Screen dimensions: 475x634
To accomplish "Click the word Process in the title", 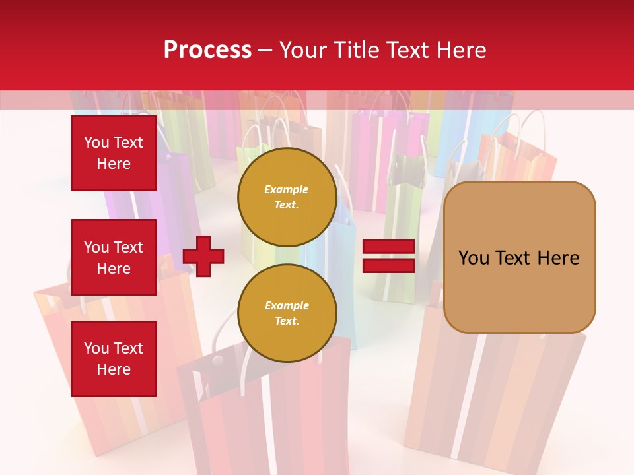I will pos(207,50).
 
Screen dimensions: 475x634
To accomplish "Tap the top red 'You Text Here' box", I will pos(114,153).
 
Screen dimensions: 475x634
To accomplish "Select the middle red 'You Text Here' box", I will pos(114,257).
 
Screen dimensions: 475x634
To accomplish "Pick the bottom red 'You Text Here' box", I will pos(114,359).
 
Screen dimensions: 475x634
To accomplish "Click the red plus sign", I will pos(203,255).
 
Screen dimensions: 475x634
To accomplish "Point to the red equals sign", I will pos(388,256).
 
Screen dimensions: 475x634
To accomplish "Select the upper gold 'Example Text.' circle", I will pos(287,197).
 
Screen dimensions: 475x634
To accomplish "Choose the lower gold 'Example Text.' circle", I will pos(287,313).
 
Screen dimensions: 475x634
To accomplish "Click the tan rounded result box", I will pos(519,257).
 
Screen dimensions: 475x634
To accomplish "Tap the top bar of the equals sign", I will pos(388,247).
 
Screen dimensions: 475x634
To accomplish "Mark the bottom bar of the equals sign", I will pos(388,265).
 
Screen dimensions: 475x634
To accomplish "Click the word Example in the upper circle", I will pos(287,190).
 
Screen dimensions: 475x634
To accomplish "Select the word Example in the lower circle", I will pos(287,306).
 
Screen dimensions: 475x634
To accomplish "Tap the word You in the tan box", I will pos(474,258).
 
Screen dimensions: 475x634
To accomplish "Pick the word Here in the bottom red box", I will pos(114,369).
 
